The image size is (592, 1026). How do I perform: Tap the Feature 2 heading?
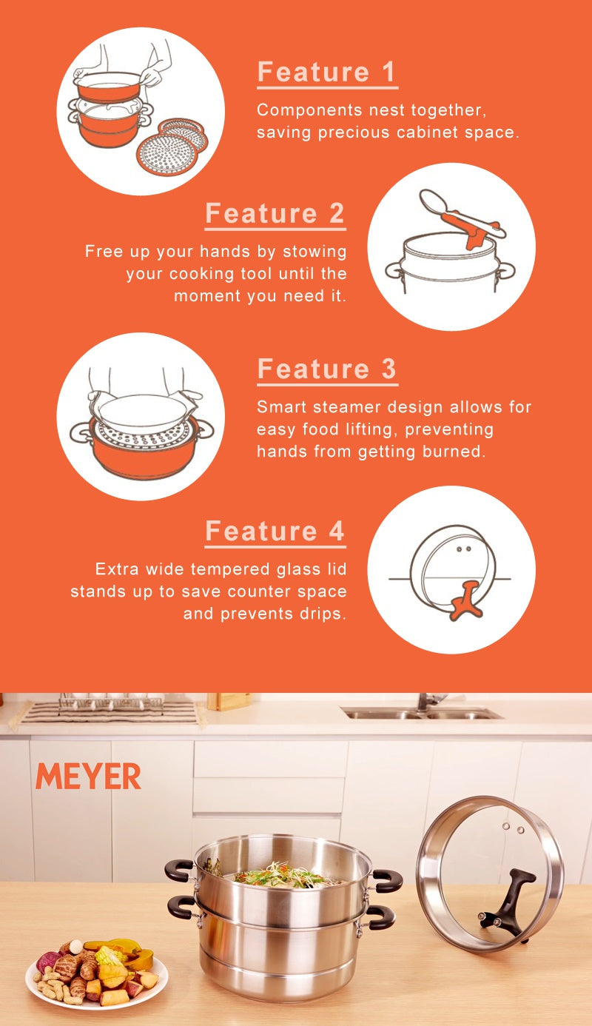(275, 213)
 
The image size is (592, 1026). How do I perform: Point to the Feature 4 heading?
(275, 531)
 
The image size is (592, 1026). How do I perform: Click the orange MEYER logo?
(88, 777)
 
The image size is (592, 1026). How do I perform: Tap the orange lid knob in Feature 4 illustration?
(467, 600)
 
